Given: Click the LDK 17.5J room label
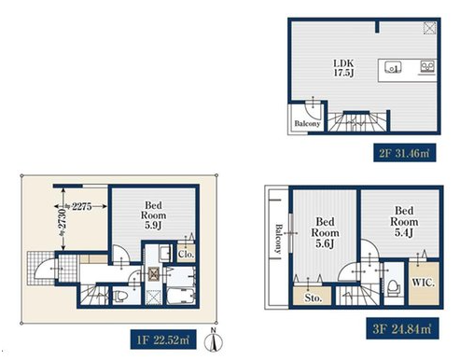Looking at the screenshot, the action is click(343, 68).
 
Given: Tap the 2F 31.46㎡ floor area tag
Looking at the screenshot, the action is click(404, 153).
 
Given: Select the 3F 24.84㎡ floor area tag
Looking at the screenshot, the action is click(402, 328).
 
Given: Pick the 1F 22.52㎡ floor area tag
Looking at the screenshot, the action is click(163, 339).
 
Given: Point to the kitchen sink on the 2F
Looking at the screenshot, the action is click(393, 67).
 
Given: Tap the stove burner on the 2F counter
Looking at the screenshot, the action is click(427, 67).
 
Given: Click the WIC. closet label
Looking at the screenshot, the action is click(424, 283).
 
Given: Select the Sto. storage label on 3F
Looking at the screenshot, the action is click(313, 298).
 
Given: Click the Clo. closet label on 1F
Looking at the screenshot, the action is click(186, 254).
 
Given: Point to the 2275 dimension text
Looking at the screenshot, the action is click(82, 206).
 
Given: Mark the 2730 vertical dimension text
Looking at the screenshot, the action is click(63, 219).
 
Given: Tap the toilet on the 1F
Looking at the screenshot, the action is click(119, 296).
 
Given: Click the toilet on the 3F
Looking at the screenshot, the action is click(394, 288).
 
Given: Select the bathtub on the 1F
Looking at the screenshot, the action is click(180, 297).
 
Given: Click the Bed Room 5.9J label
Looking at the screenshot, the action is click(153, 215).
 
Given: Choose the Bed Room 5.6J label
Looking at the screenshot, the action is click(325, 232).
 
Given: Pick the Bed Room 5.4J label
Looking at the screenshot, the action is click(404, 221).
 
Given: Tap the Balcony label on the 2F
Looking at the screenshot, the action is click(307, 123).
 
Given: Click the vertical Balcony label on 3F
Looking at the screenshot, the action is click(278, 239).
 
